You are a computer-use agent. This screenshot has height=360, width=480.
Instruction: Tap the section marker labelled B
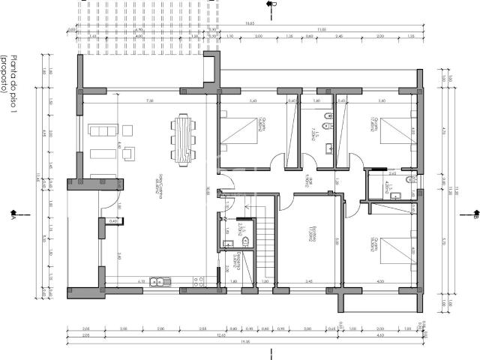[475, 218]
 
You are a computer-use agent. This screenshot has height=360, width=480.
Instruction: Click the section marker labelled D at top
[274, 4]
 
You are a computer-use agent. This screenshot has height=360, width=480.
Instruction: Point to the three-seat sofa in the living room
[99, 131]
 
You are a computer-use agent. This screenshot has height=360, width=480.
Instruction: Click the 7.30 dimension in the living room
[150, 100]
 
